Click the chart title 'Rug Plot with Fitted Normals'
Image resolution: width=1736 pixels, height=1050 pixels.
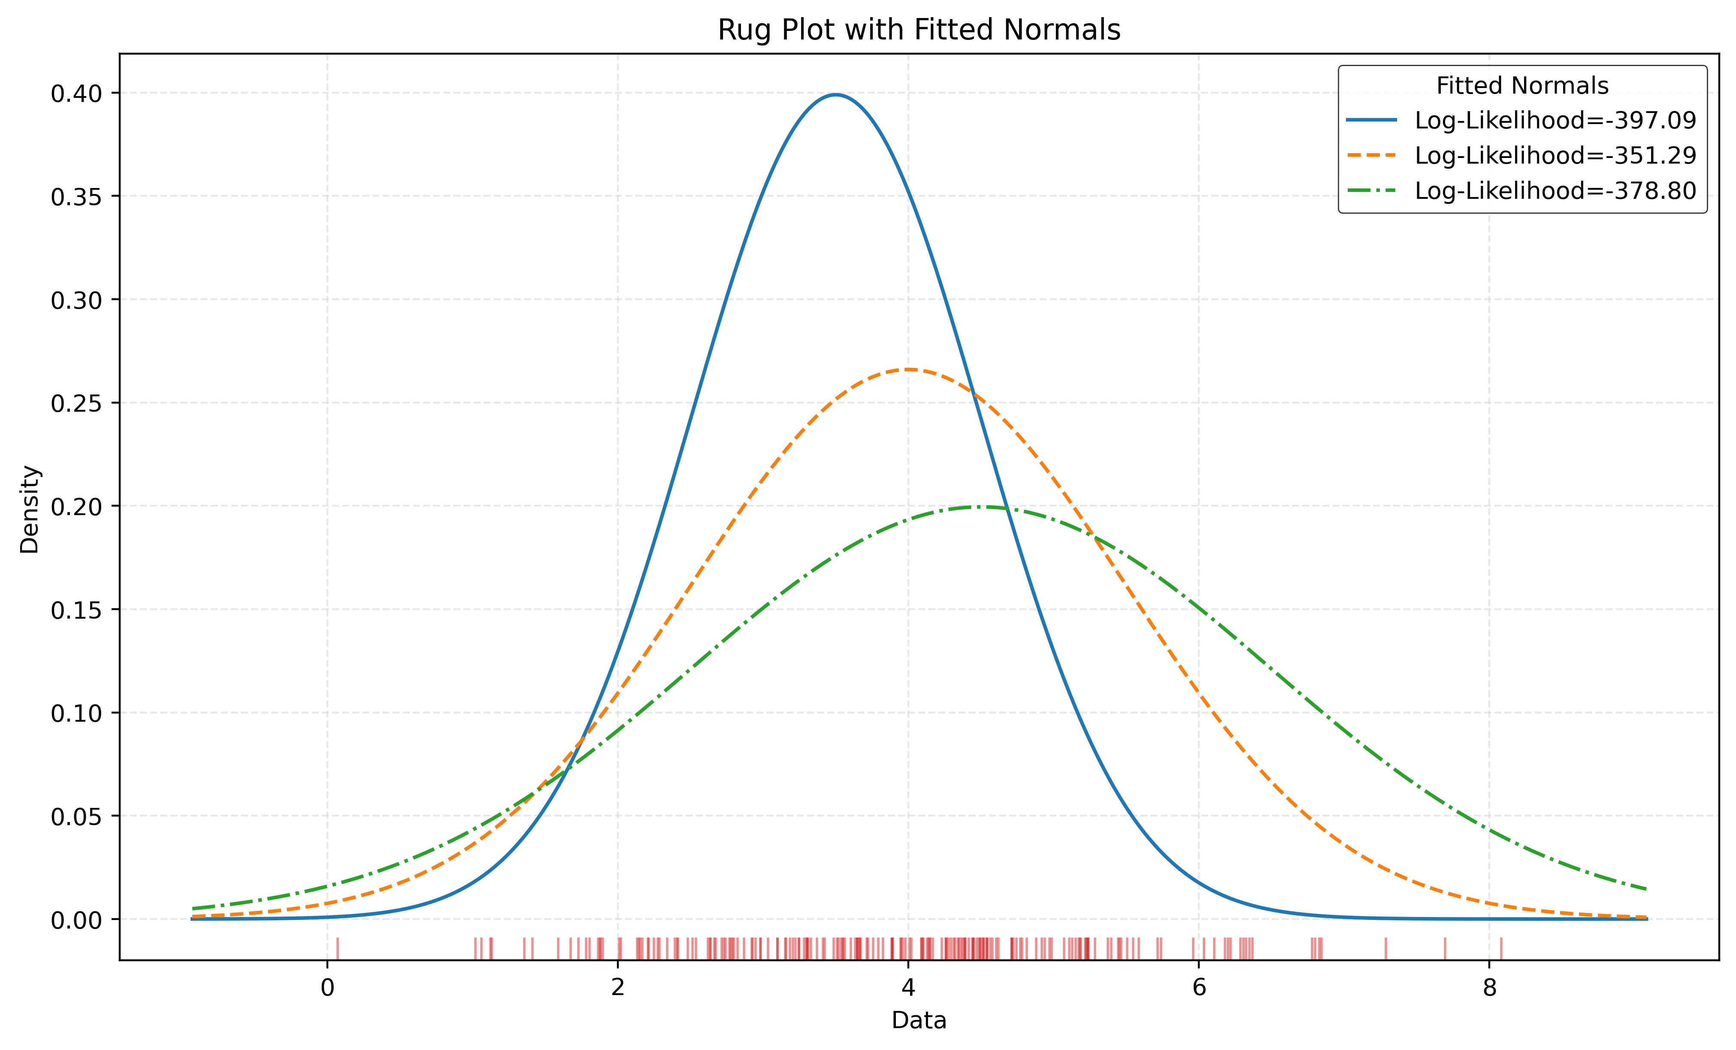point(919,30)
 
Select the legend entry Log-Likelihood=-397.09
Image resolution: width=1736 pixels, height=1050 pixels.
point(1555,121)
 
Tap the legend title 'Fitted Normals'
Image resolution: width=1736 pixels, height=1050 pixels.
point(1522,86)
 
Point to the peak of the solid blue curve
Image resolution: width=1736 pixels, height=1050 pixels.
point(835,94)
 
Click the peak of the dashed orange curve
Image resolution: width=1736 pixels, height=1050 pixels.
point(908,369)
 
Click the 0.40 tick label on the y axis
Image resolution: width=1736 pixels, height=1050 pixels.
point(76,93)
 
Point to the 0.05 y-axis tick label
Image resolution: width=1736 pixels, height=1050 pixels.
point(76,817)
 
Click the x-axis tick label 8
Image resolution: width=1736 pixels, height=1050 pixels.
point(1489,988)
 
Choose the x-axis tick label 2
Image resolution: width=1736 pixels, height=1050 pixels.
point(618,988)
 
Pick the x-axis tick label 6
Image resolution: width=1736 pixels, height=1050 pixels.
point(1198,988)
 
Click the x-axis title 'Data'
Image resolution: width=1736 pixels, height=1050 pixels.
point(919,1020)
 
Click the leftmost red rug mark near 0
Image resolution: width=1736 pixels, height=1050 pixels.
point(338,949)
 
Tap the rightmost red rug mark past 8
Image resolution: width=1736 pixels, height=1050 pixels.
point(1501,949)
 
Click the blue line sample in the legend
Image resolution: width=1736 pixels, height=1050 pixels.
point(1371,121)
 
